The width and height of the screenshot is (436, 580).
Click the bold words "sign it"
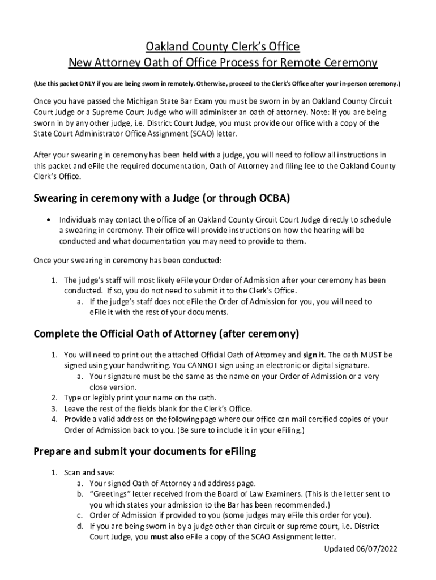pos(314,355)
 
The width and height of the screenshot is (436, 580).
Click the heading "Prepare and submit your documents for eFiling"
pos(145,451)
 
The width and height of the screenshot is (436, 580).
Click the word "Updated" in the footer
pos(340,549)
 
